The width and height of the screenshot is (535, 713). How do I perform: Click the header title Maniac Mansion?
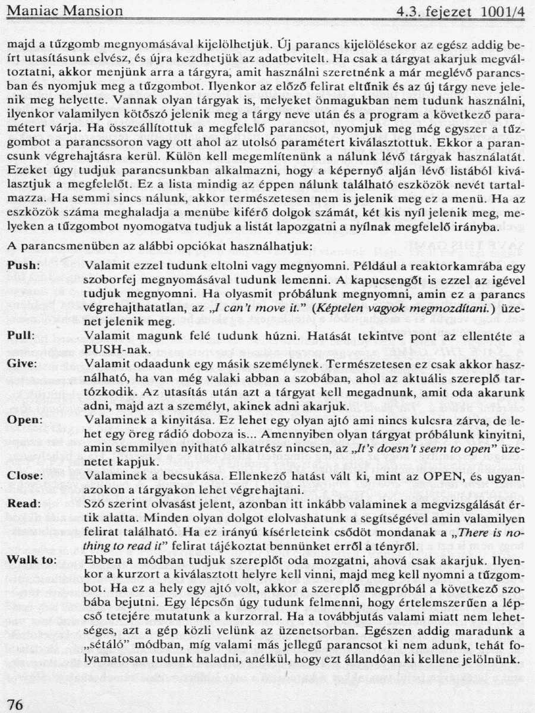(65, 11)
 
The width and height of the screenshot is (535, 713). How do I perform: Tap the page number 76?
(15, 704)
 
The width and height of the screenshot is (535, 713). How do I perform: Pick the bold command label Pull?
(21, 335)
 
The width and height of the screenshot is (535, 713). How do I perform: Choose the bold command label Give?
(22, 362)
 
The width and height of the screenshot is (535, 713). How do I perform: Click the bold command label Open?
(24, 420)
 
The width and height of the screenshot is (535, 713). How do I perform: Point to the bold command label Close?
(25, 476)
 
